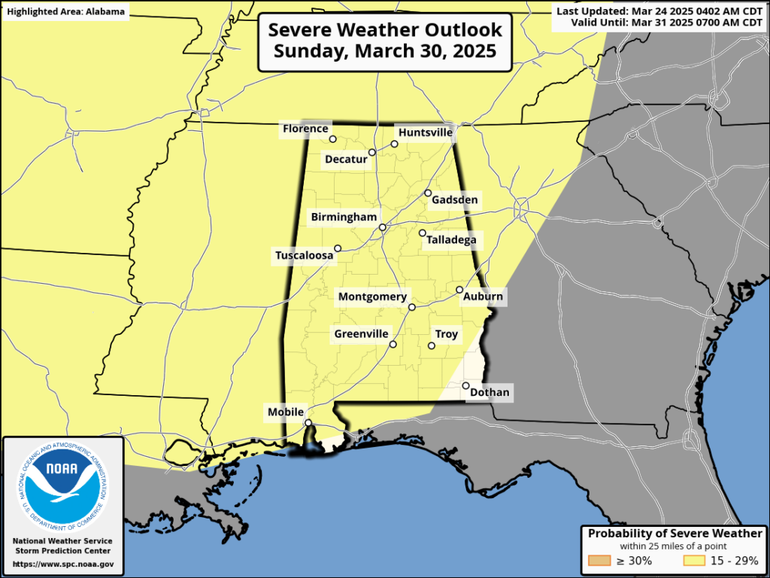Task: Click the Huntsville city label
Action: tap(426, 132)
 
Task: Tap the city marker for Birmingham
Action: tap(382, 227)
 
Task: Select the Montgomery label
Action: tap(372, 297)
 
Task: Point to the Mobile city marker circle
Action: tap(308, 423)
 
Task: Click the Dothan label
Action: tap(490, 392)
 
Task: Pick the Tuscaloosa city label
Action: tap(304, 256)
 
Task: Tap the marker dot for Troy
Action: tap(432, 346)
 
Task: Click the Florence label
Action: tap(305, 129)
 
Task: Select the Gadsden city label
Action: tap(455, 200)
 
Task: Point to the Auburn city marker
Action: tap(459, 290)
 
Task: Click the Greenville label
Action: tap(362, 333)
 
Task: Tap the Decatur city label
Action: tap(346, 159)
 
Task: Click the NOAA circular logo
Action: tap(62, 486)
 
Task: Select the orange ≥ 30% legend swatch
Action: tap(600, 560)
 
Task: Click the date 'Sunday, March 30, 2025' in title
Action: tap(385, 51)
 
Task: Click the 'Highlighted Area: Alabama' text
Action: tap(65, 11)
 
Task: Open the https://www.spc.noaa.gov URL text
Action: tap(63, 564)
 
